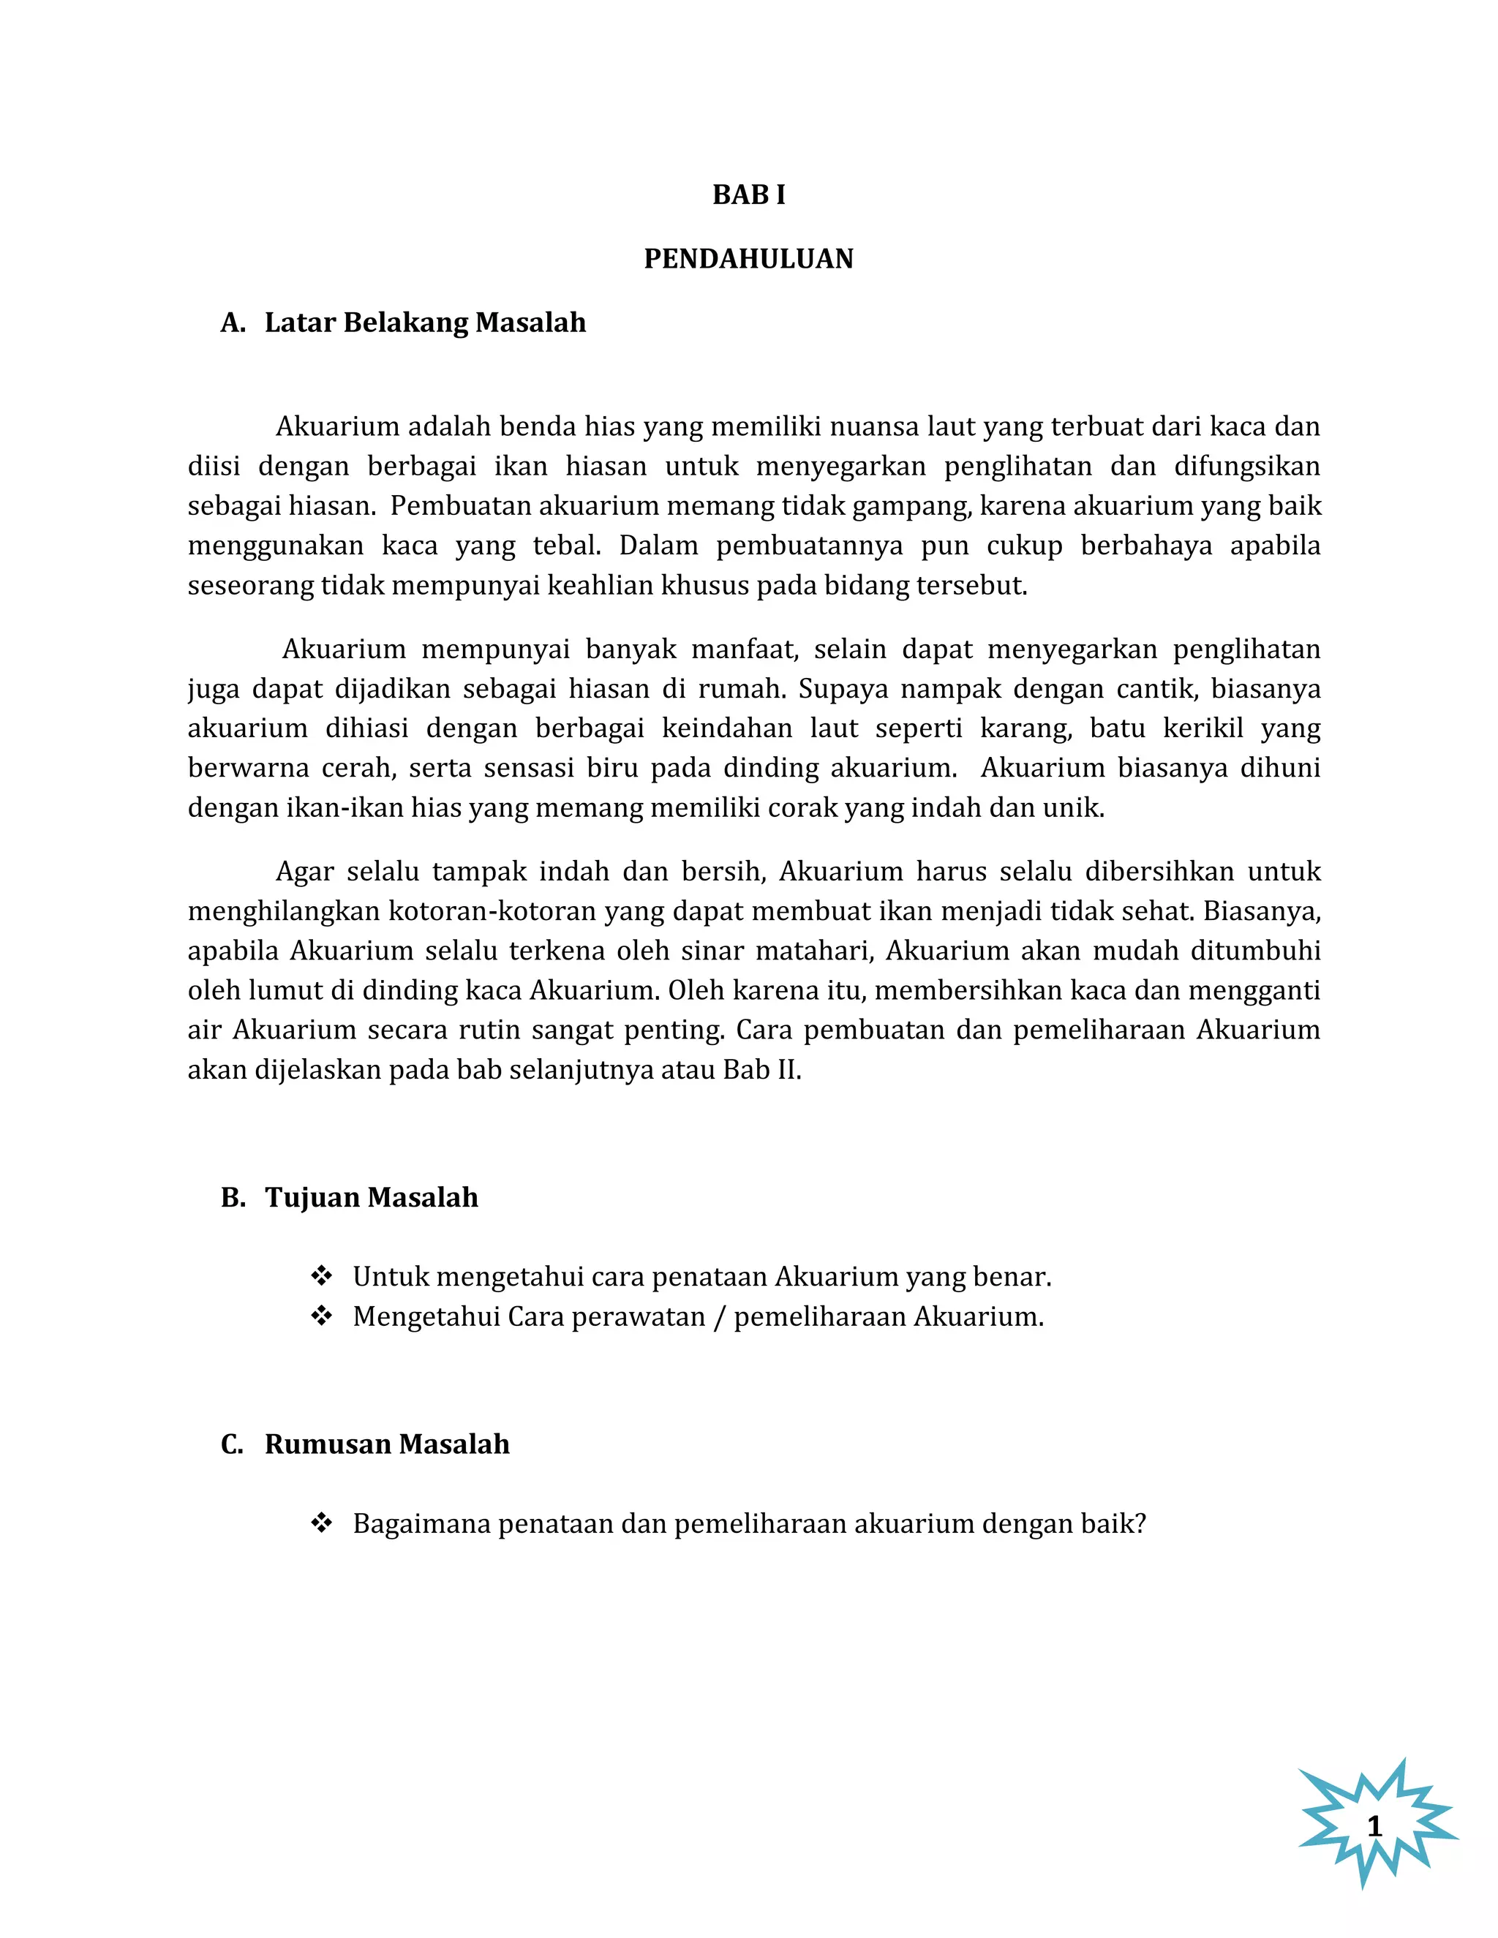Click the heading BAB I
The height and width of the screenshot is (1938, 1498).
tap(748, 195)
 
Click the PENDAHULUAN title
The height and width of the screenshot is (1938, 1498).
tap(748, 258)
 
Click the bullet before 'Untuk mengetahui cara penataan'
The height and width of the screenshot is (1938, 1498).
tap(321, 1276)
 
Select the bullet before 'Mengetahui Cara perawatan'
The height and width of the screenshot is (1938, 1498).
tap(321, 1316)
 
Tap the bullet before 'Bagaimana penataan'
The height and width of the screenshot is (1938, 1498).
tap(321, 1523)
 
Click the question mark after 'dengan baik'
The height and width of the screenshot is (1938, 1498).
tap(1140, 1523)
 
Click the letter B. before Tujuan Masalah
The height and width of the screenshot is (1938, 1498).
tap(233, 1197)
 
